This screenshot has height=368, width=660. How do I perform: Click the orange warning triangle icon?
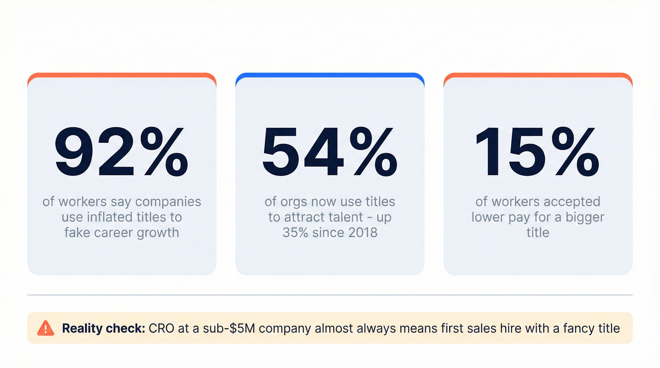click(x=46, y=327)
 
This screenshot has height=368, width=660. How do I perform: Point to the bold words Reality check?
click(x=103, y=328)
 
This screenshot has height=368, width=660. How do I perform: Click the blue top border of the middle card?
click(x=330, y=75)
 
